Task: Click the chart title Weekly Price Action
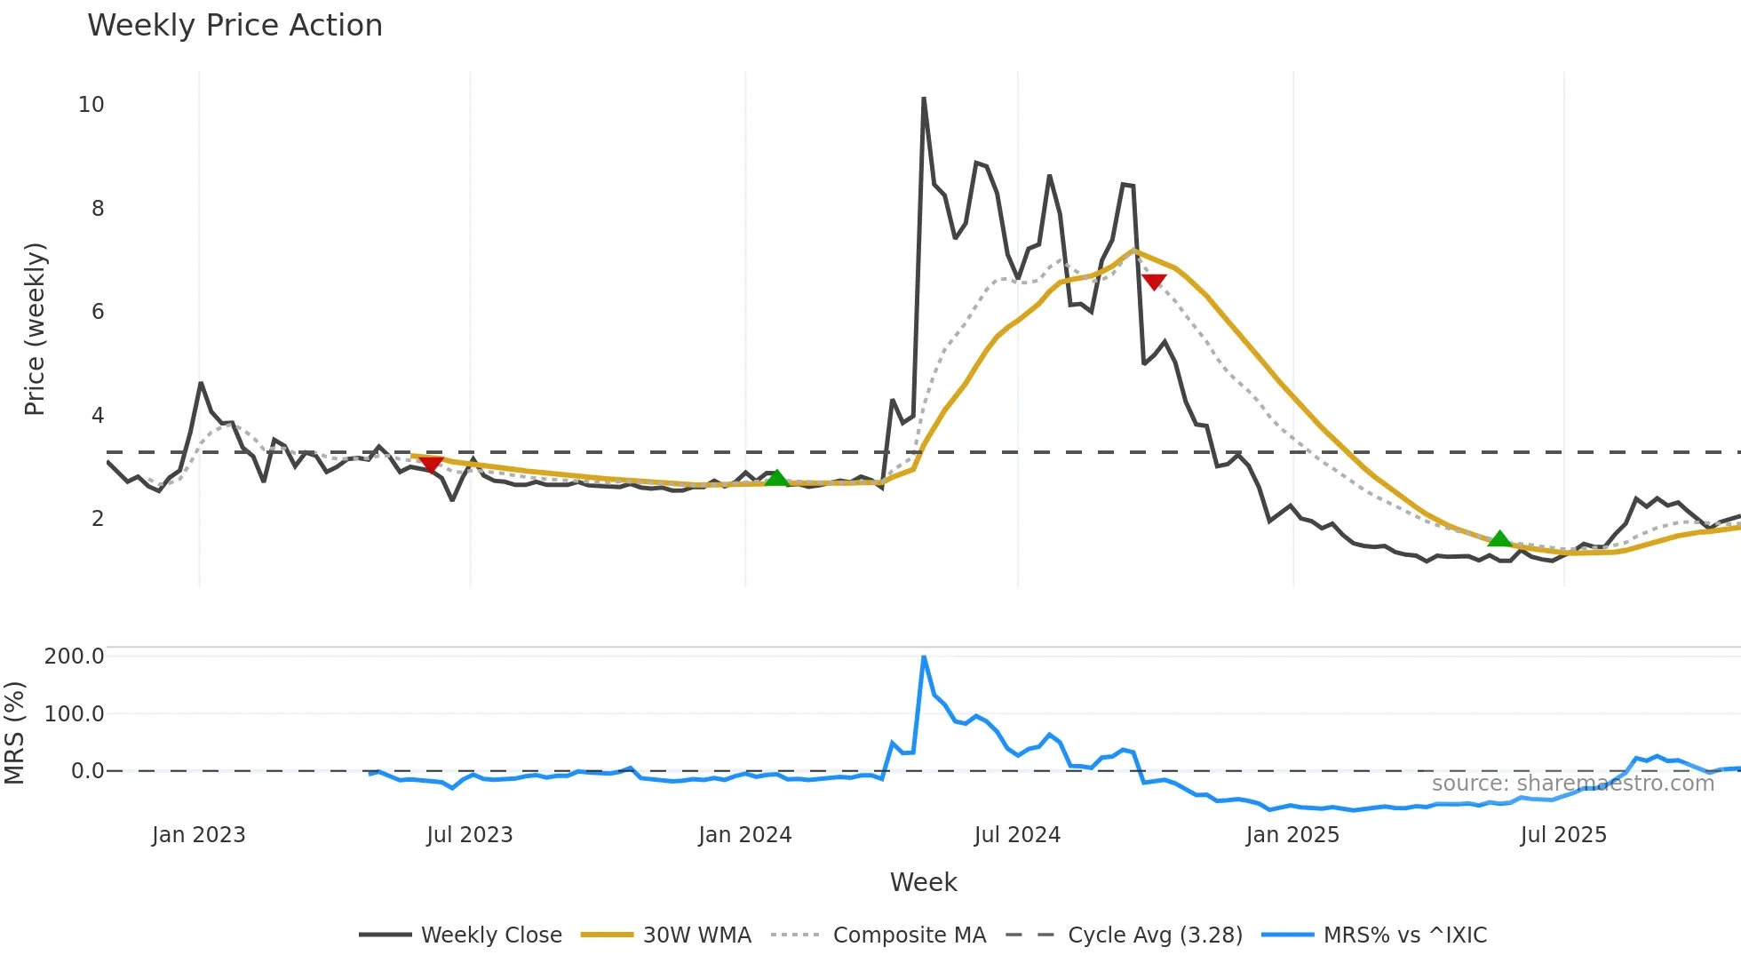pos(235,26)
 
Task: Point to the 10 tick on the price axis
pos(91,105)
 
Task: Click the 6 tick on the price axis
pos(98,312)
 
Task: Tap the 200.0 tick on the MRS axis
pos(75,657)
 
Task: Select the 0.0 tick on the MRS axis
pos(87,771)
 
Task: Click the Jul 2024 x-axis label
pos(1017,835)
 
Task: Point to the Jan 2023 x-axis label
pos(198,835)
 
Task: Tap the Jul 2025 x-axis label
pos(1563,835)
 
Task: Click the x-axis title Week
pos(923,882)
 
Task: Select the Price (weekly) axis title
pos(35,329)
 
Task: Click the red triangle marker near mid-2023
pos(431,465)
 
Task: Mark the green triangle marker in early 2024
pos(776,478)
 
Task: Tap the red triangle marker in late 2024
pos(1153,283)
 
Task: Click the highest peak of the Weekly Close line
pos(924,99)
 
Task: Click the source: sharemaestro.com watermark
pos(1572,784)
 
